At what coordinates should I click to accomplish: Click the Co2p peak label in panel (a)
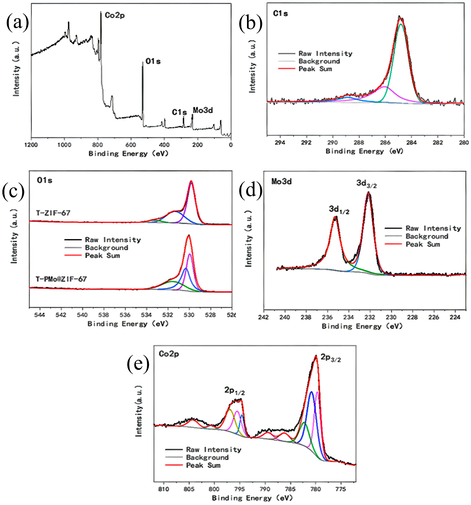click(x=115, y=16)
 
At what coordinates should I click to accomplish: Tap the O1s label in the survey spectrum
click(x=153, y=61)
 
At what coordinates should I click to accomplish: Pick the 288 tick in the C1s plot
click(x=359, y=142)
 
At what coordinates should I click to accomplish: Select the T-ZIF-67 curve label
click(x=53, y=213)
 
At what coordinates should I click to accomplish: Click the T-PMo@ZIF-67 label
click(x=61, y=279)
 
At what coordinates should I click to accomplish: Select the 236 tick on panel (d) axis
click(x=327, y=317)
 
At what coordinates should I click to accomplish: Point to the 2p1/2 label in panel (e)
click(x=234, y=390)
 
